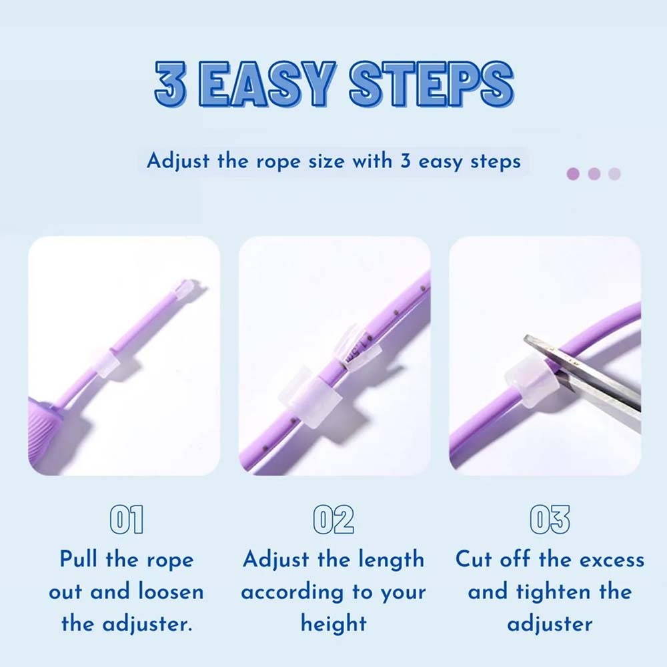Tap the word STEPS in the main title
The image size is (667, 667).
[432, 83]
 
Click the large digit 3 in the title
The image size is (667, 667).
[171, 83]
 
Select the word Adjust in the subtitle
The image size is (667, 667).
[178, 162]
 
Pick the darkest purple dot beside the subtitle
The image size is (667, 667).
[573, 173]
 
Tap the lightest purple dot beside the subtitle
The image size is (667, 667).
[614, 173]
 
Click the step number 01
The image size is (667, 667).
[126, 520]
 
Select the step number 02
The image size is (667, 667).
[333, 520]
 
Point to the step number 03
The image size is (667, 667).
[550, 520]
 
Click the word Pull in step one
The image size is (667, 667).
[79, 559]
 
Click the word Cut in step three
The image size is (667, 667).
[474, 559]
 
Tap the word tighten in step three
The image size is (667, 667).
[553, 592]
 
